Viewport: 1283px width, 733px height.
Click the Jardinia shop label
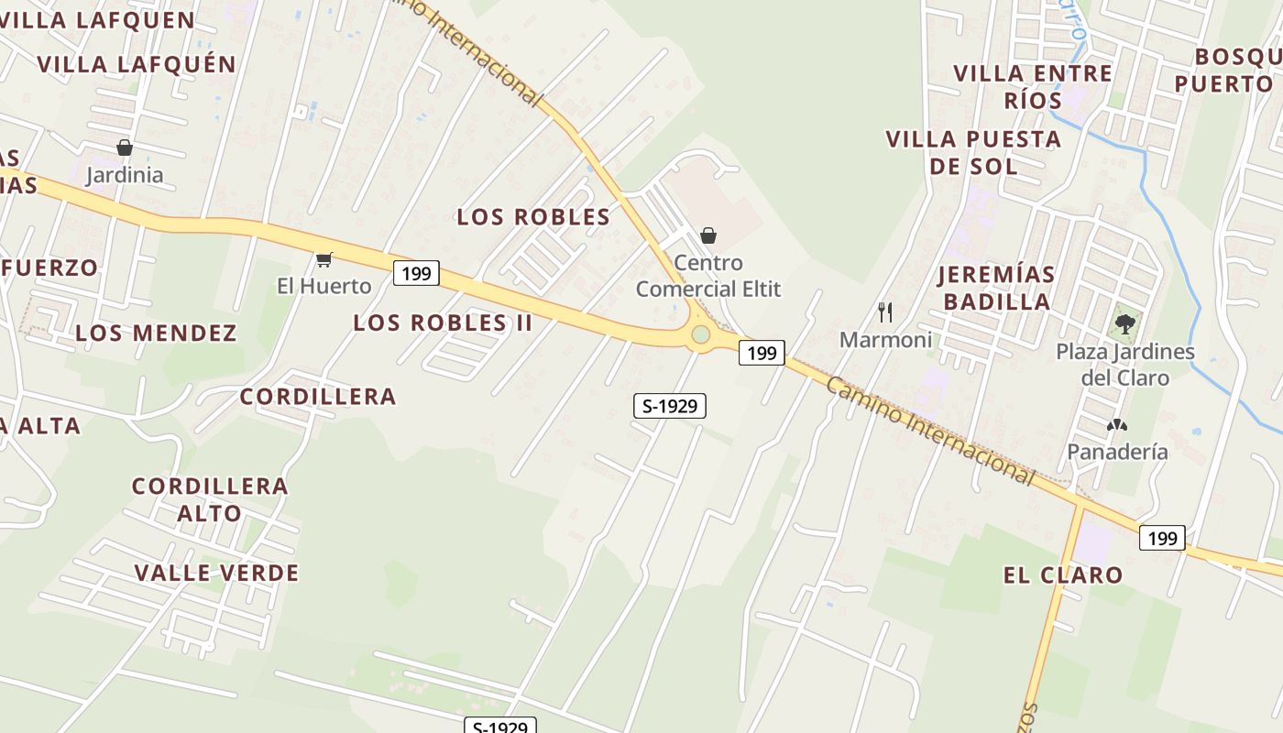pyautogui.click(x=125, y=175)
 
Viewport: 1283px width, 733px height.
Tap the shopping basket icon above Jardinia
pyautogui.click(x=125, y=148)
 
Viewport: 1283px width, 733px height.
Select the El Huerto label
pyautogui.click(x=324, y=286)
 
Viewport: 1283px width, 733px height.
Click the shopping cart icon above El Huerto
pyautogui.click(x=323, y=260)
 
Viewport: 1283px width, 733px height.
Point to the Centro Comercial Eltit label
pyautogui.click(x=708, y=276)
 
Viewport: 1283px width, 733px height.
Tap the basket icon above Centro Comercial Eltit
pyautogui.click(x=708, y=236)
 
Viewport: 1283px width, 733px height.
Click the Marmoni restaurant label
pyautogui.click(x=885, y=340)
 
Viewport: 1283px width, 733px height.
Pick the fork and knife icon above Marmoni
pyautogui.click(x=885, y=312)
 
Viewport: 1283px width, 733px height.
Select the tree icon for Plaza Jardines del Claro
pyautogui.click(x=1124, y=324)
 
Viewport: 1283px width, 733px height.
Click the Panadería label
pyautogui.click(x=1117, y=452)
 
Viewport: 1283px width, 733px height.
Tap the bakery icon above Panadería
pyautogui.click(x=1116, y=425)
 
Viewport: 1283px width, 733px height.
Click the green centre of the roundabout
pyautogui.click(x=701, y=334)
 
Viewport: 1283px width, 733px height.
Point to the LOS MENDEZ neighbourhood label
pyautogui.click(x=156, y=333)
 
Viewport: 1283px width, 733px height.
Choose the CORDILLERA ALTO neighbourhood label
pyautogui.click(x=210, y=499)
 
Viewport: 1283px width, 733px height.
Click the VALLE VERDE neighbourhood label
pyautogui.click(x=216, y=574)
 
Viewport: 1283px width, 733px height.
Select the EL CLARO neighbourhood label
pyautogui.click(x=1063, y=575)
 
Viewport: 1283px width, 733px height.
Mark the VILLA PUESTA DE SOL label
pyautogui.click(x=973, y=153)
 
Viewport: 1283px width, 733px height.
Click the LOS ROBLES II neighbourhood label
pyautogui.click(x=443, y=323)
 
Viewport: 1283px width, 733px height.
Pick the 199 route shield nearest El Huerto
pyautogui.click(x=416, y=273)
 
